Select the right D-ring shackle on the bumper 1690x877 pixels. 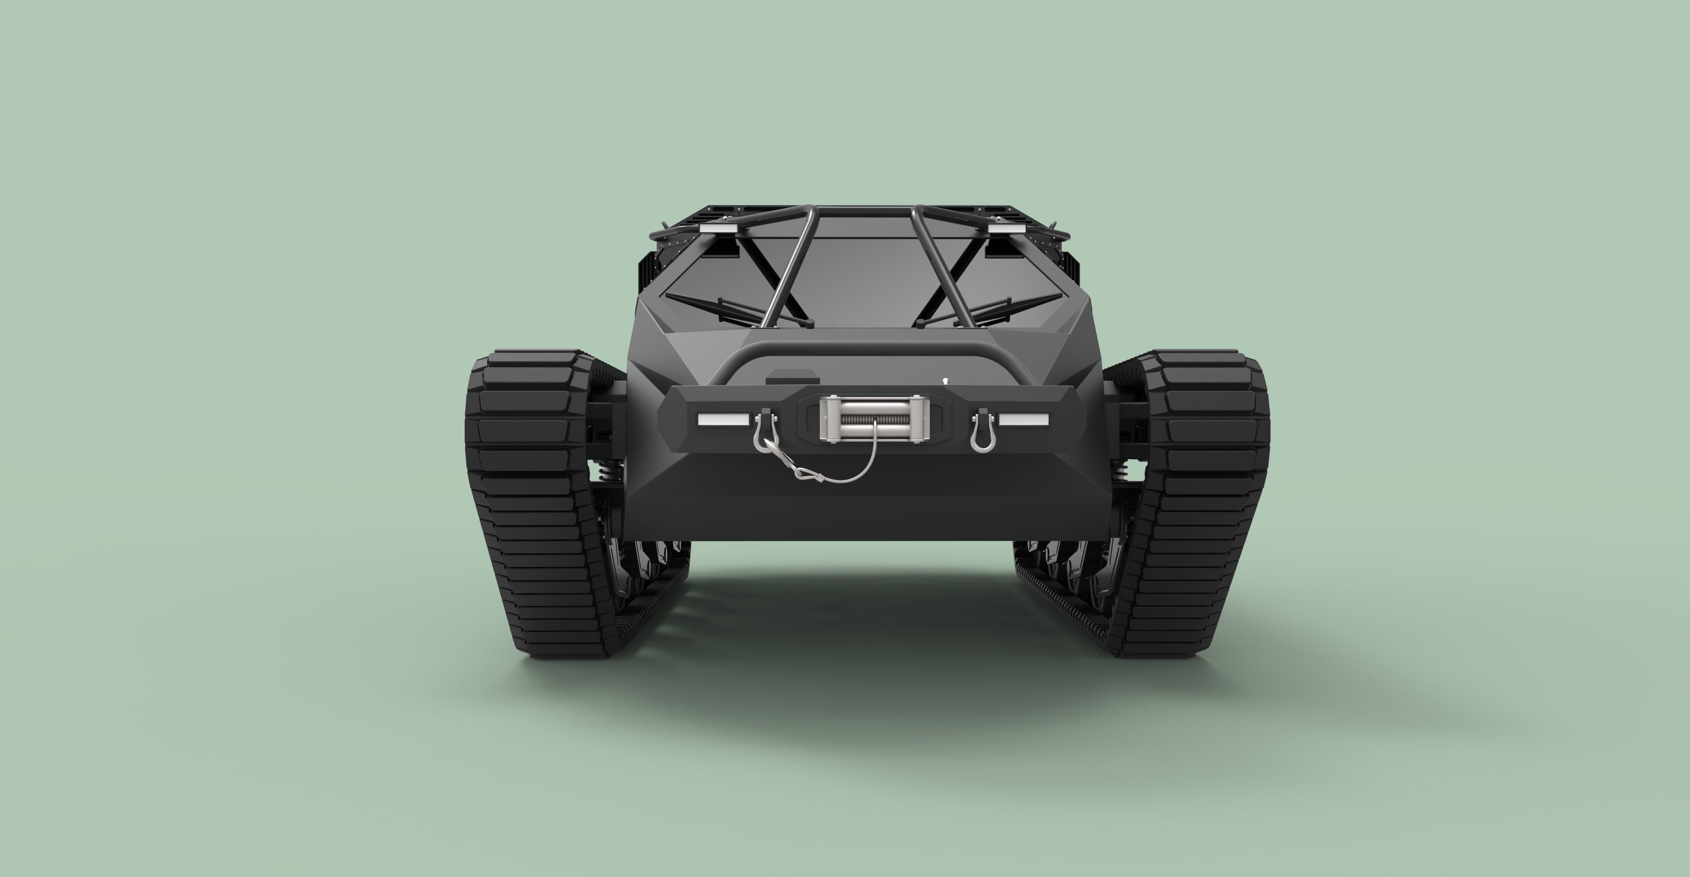pyautogui.click(x=982, y=431)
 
